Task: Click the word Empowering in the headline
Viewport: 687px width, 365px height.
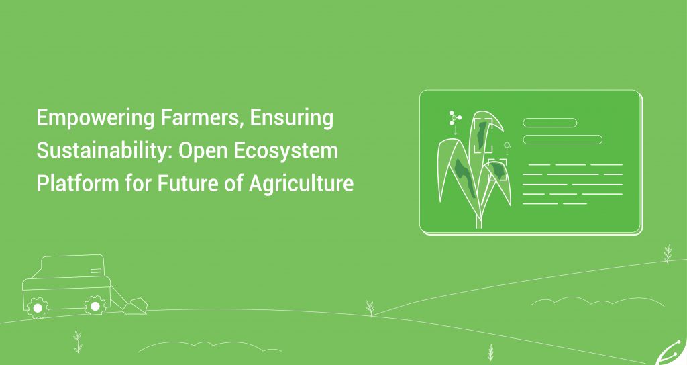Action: pyautogui.click(x=95, y=118)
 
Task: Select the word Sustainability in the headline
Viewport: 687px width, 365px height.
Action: pyautogui.click(x=104, y=151)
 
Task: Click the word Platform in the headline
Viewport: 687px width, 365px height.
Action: pyautogui.click(x=78, y=182)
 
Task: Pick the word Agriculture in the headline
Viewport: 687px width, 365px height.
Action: pyautogui.click(x=301, y=183)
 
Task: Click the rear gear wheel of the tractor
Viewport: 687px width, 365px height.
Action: pyautogui.click(x=38, y=308)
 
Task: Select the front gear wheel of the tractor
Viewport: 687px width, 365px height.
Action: pyautogui.click(x=95, y=305)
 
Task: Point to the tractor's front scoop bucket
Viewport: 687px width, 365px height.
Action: pyautogui.click(x=136, y=306)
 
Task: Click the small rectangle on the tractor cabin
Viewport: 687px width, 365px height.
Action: pyautogui.click(x=96, y=271)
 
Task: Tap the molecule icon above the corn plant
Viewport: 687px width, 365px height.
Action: pyautogui.click(x=455, y=117)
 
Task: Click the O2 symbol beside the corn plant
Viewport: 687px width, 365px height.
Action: pyautogui.click(x=507, y=145)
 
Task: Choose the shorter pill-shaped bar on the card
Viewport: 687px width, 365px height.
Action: pyautogui.click(x=550, y=123)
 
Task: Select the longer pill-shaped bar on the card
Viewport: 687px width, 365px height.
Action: pyautogui.click(x=563, y=140)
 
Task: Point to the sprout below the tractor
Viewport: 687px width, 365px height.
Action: pyautogui.click(x=78, y=342)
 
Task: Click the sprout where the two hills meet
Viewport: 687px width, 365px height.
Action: pyautogui.click(x=370, y=308)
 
